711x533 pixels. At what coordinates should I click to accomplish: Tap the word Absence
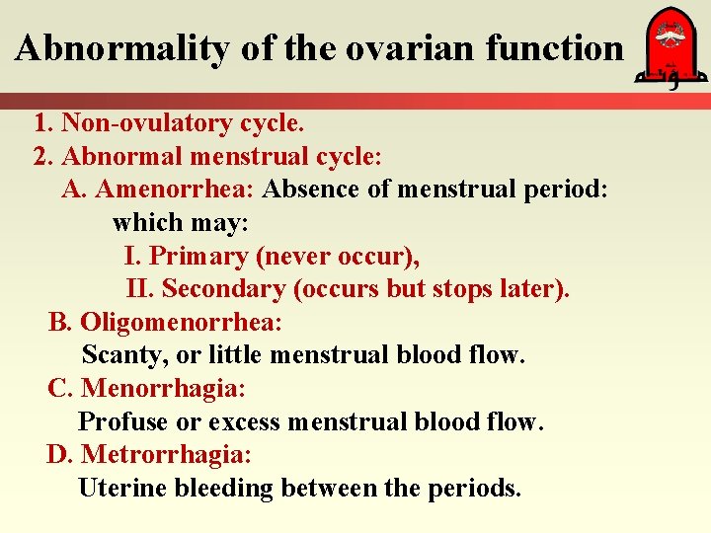click(312, 190)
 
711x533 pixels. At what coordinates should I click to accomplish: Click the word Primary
click(198, 256)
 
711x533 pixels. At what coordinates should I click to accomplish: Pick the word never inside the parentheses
click(291, 256)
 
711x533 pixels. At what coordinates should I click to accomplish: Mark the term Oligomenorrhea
click(181, 322)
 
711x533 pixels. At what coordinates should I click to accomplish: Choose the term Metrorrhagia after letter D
click(166, 454)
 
